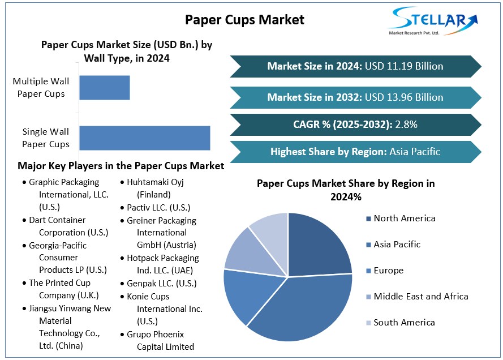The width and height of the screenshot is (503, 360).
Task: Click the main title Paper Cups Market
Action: (x=244, y=20)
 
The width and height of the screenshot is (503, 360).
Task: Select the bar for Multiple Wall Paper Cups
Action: (x=105, y=88)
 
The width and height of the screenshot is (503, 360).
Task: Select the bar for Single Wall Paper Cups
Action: (x=145, y=138)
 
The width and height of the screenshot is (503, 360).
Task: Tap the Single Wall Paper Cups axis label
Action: (x=46, y=138)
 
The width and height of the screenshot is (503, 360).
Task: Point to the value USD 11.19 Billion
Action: (x=404, y=66)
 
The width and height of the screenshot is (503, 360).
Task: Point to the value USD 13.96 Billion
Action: (x=404, y=97)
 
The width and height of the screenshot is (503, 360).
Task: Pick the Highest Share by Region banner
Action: (x=355, y=152)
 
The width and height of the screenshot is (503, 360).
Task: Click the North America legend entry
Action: (x=404, y=218)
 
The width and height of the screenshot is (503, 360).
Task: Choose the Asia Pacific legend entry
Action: (x=397, y=245)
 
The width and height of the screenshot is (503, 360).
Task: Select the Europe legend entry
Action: (x=388, y=271)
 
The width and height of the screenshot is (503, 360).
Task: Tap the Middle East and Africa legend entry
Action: (x=420, y=297)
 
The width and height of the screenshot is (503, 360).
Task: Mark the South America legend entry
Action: (x=404, y=323)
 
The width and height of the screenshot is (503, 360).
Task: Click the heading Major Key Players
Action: (x=121, y=166)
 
